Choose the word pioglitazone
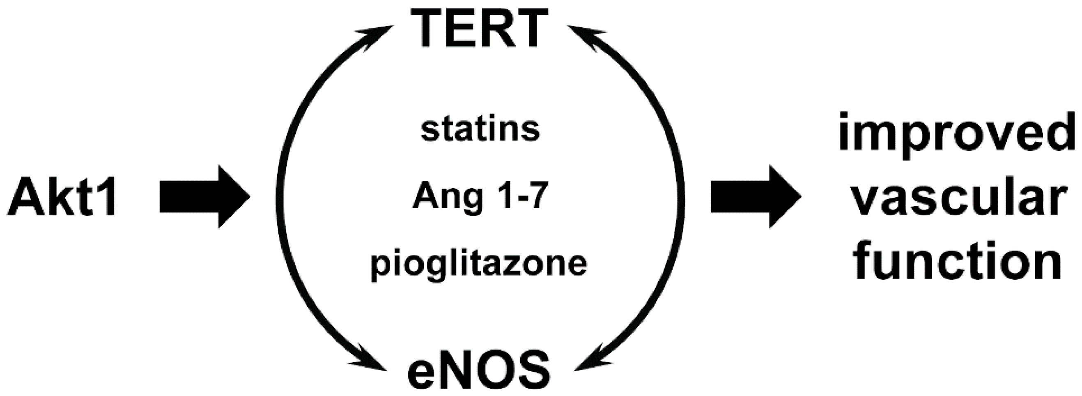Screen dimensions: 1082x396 click(x=479, y=265)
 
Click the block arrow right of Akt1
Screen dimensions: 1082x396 click(x=204, y=197)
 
